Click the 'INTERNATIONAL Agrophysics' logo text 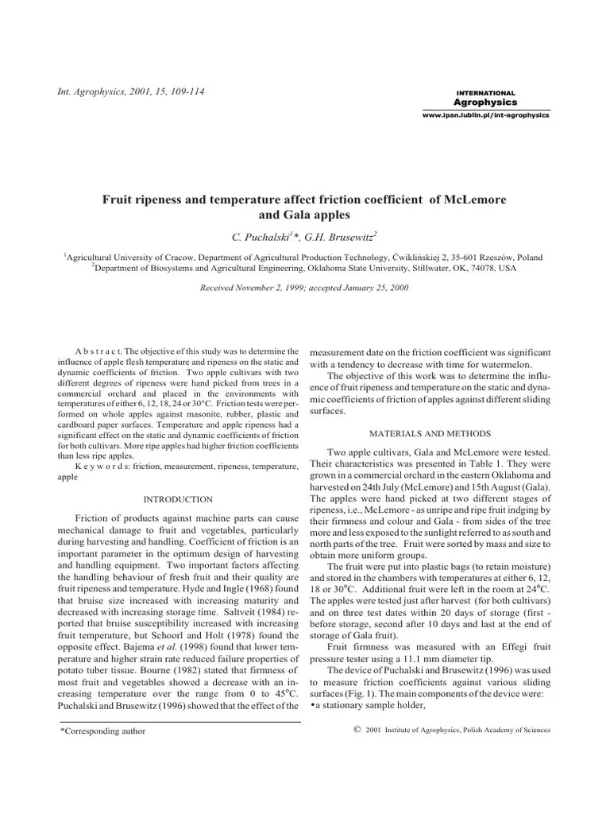point(485,98)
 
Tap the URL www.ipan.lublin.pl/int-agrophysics point(485,115)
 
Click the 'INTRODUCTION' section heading point(177,499)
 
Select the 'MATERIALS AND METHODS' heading point(429,433)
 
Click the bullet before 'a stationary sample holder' point(312,707)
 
